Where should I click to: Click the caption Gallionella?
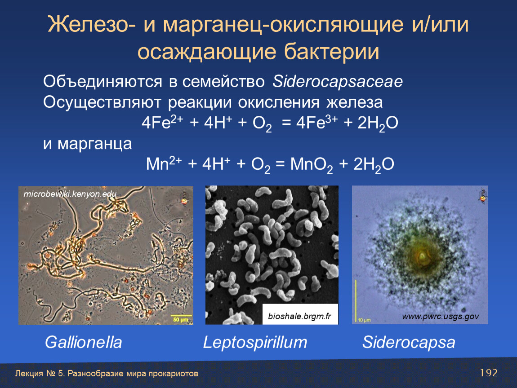pos(84,342)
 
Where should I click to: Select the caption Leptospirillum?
pos(255,343)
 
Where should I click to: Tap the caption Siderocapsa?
pos(409,343)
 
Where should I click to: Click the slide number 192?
pos(489,373)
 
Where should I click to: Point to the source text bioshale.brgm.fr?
pos(299,317)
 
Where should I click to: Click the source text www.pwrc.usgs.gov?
pos(441,317)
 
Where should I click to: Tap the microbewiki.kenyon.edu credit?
pos(70,194)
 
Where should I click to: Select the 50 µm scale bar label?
pos(181,320)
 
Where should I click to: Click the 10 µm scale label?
pos(364,320)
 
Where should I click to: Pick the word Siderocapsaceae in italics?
pos(338,82)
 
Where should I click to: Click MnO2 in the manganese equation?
pos(312,164)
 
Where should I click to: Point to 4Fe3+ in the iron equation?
pos(317,123)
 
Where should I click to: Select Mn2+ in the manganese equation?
pos(164,164)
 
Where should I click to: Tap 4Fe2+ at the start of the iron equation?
pos(162,123)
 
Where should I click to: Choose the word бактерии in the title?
pos(332,52)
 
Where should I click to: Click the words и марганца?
pos(87,144)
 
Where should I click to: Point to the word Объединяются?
pos(103,82)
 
